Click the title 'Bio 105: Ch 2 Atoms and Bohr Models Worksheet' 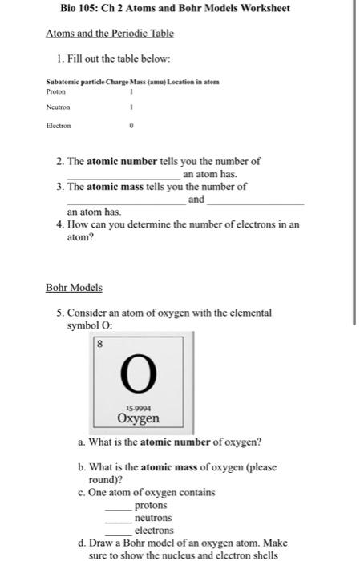click(x=174, y=9)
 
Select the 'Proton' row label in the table click(x=57, y=91)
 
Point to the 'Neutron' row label click(x=59, y=107)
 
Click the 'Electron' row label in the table click(x=59, y=126)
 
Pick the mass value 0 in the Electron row click(x=131, y=126)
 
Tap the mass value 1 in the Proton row click(x=131, y=91)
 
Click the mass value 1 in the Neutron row click(x=131, y=107)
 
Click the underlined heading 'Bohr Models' click(x=74, y=286)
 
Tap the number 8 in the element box click(x=100, y=344)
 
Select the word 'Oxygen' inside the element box click(x=138, y=418)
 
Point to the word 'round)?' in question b click(x=105, y=481)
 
